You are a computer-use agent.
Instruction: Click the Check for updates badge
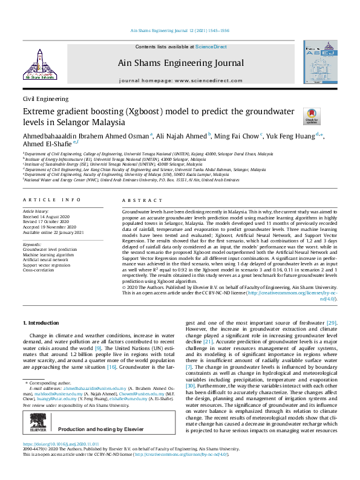pos(310,116)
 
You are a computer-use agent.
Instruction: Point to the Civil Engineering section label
pos(45,99)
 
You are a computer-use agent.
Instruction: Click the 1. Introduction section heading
pos(43,325)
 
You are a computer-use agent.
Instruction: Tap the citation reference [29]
pos(332,323)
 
